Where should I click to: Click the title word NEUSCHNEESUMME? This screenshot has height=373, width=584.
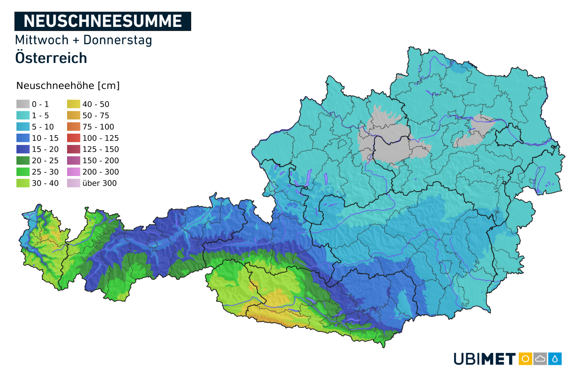tap(103, 21)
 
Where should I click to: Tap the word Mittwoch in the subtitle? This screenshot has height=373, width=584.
tap(42, 40)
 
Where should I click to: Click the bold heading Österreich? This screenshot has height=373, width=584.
tap(51, 58)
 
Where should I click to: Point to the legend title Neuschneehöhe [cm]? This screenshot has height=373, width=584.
tap(68, 86)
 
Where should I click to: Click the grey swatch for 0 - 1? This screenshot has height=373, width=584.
tap(23, 104)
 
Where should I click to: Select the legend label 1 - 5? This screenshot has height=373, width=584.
tap(40, 115)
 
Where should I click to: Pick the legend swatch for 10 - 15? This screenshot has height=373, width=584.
tap(23, 138)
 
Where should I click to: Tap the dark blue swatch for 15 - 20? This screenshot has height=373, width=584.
tap(23, 149)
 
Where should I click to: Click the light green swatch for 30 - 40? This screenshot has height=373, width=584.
tap(23, 183)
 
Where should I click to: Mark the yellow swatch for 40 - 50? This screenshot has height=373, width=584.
tap(74, 104)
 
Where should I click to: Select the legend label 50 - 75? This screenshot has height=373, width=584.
tap(96, 115)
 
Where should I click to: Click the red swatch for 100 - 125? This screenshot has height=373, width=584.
tap(74, 138)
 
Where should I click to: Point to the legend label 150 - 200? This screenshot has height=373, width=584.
tap(100, 161)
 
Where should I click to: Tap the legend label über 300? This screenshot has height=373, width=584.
tap(99, 183)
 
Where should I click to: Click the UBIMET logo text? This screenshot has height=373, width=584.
tap(485, 359)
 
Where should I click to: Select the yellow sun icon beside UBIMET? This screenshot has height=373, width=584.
tap(525, 359)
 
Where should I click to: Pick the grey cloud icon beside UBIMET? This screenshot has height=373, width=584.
tap(540, 359)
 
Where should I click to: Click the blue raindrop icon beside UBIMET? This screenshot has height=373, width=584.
tap(555, 359)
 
